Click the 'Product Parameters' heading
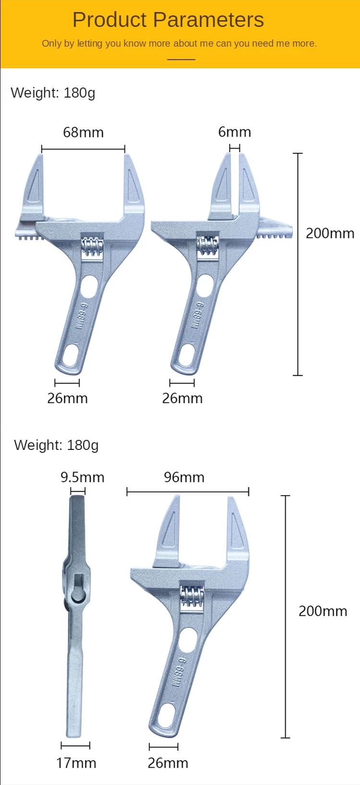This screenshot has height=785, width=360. point(168,20)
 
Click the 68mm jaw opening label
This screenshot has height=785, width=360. point(83,132)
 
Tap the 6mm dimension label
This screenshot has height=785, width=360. point(235,132)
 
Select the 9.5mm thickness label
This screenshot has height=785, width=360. point(82,477)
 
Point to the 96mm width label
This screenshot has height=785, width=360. point(184,477)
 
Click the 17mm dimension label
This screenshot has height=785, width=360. point(76,763)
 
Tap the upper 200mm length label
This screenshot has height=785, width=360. point(330,233)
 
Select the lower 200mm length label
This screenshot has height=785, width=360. point(323,611)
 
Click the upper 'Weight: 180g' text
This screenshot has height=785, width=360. point(53,93)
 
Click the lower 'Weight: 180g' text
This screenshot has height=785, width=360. point(56,445)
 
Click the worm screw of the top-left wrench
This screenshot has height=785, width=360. point(92,247)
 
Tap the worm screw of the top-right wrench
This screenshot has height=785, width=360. point(208,246)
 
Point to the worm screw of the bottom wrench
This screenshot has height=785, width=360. point(192,597)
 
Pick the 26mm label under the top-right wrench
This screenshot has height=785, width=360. point(182,398)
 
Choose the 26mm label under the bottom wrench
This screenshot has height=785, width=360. point(168,763)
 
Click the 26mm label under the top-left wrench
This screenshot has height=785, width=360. point(67,398)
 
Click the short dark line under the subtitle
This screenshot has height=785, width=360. point(181,60)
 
